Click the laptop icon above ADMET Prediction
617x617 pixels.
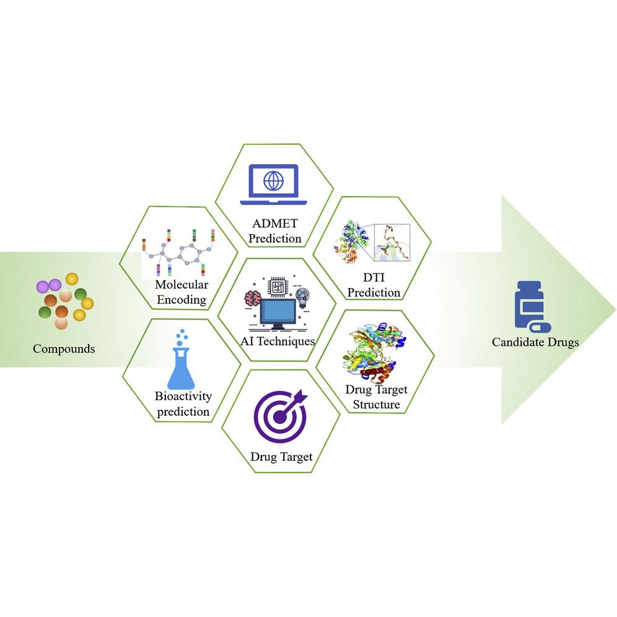273,185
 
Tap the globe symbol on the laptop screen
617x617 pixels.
273,180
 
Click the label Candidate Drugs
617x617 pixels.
535,341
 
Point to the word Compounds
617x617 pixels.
64,349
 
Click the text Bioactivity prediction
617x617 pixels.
183,404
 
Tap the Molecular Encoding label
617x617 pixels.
182,292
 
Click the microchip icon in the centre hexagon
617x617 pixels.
276,286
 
